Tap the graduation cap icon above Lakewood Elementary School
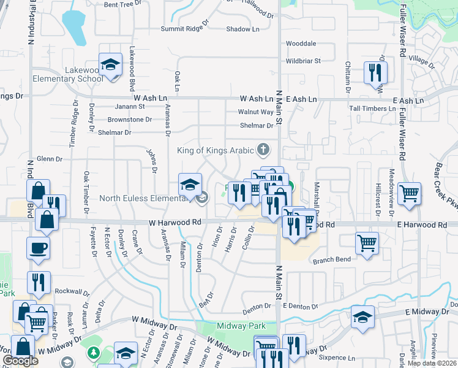pyautogui.click(x=110, y=65)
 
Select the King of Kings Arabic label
pyautogui.click(x=216, y=150)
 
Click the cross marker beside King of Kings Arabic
pyautogui.click(x=263, y=149)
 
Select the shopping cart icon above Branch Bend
pyautogui.click(x=367, y=242)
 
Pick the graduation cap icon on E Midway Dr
pyautogui.click(x=363, y=317)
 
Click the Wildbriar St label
pyautogui.click(x=303, y=61)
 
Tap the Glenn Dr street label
pyautogui.click(x=50, y=159)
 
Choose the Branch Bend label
pyautogui.click(x=332, y=259)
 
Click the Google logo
pyautogui.click(x=20, y=361)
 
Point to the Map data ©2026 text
pyautogui.click(x=432, y=363)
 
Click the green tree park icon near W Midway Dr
pyautogui.click(x=93, y=353)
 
